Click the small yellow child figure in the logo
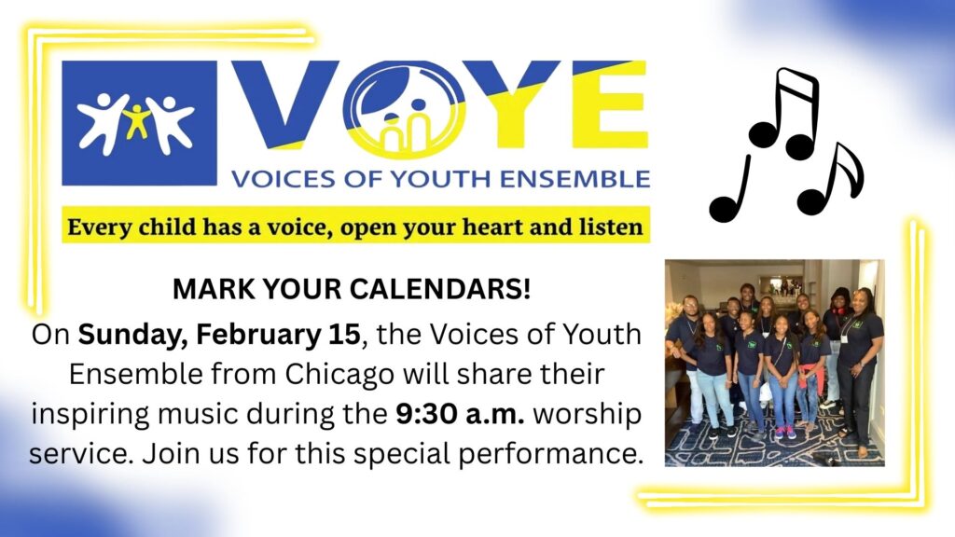click(x=137, y=121)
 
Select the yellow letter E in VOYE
click(x=609, y=103)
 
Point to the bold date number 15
click(x=345, y=335)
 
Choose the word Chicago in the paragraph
click(x=339, y=375)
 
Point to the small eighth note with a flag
click(x=831, y=180)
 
